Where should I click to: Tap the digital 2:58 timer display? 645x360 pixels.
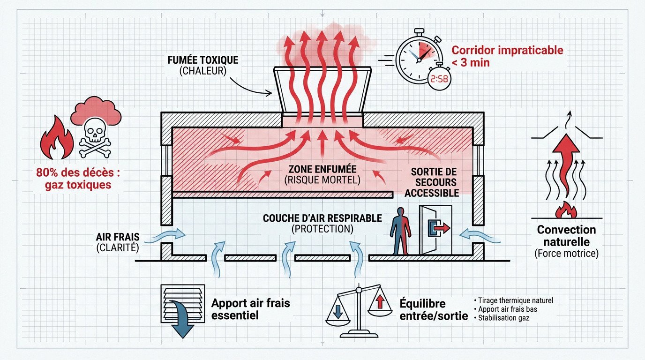pos(439,80)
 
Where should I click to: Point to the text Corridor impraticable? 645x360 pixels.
pos(506,50)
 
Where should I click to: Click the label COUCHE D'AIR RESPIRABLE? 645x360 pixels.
pos(322,218)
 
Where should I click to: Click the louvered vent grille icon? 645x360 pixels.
pos(183,305)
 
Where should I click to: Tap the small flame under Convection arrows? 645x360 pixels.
pos(566,210)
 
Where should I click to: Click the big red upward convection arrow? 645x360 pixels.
pos(566,159)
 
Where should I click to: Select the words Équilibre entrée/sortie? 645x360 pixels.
pos(433,310)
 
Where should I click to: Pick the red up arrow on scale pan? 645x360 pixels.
pos(380,303)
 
